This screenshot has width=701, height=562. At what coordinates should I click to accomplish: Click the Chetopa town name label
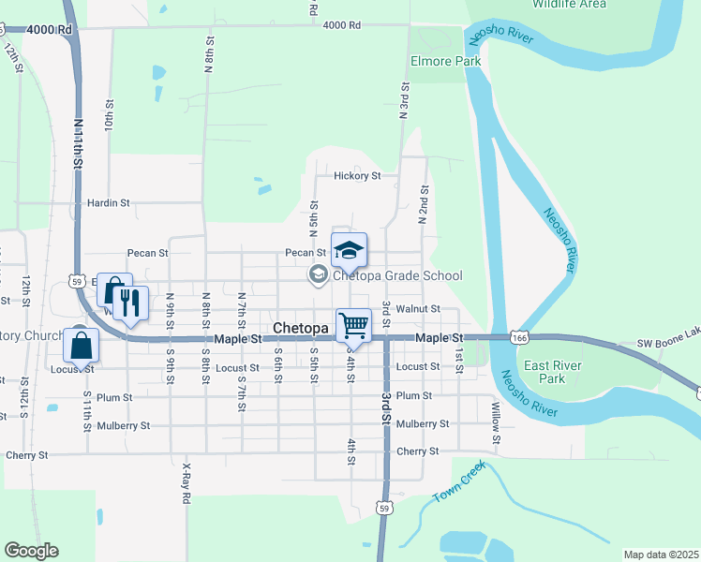click(x=302, y=329)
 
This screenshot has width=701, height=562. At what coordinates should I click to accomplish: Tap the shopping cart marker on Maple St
click(x=353, y=324)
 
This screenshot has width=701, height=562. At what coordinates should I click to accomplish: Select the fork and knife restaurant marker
click(x=130, y=303)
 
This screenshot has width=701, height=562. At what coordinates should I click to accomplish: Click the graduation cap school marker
click(x=349, y=249)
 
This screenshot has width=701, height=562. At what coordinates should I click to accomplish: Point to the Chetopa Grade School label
click(x=397, y=275)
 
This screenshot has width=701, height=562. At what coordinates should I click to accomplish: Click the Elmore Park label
click(x=446, y=62)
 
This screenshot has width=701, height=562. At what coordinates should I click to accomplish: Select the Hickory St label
click(x=358, y=175)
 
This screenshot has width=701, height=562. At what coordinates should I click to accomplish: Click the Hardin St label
click(x=108, y=202)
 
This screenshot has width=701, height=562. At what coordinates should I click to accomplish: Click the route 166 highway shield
click(x=518, y=336)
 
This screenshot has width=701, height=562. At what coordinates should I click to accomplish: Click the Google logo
click(x=32, y=550)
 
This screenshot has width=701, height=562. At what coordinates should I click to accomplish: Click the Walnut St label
click(x=417, y=308)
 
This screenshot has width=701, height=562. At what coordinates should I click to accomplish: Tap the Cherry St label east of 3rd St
click(x=417, y=451)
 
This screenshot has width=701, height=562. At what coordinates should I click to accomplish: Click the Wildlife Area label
click(x=569, y=5)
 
